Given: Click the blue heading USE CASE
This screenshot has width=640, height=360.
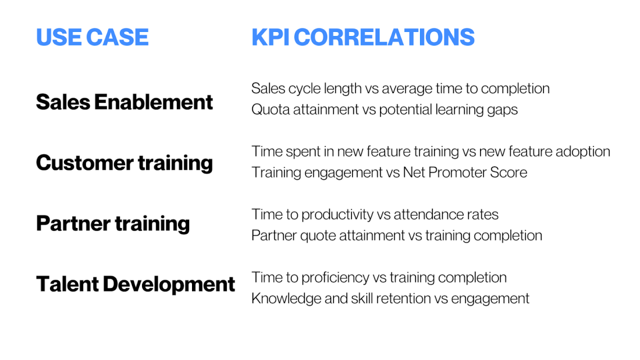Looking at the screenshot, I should (x=92, y=37).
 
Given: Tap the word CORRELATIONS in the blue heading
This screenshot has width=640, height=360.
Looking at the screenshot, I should (x=385, y=37).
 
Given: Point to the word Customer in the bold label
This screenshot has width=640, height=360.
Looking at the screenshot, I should (x=78, y=163).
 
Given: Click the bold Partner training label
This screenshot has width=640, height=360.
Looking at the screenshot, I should (x=113, y=224).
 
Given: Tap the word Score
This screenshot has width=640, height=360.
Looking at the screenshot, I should (x=510, y=172).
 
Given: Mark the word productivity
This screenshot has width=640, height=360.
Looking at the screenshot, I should (x=337, y=215).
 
